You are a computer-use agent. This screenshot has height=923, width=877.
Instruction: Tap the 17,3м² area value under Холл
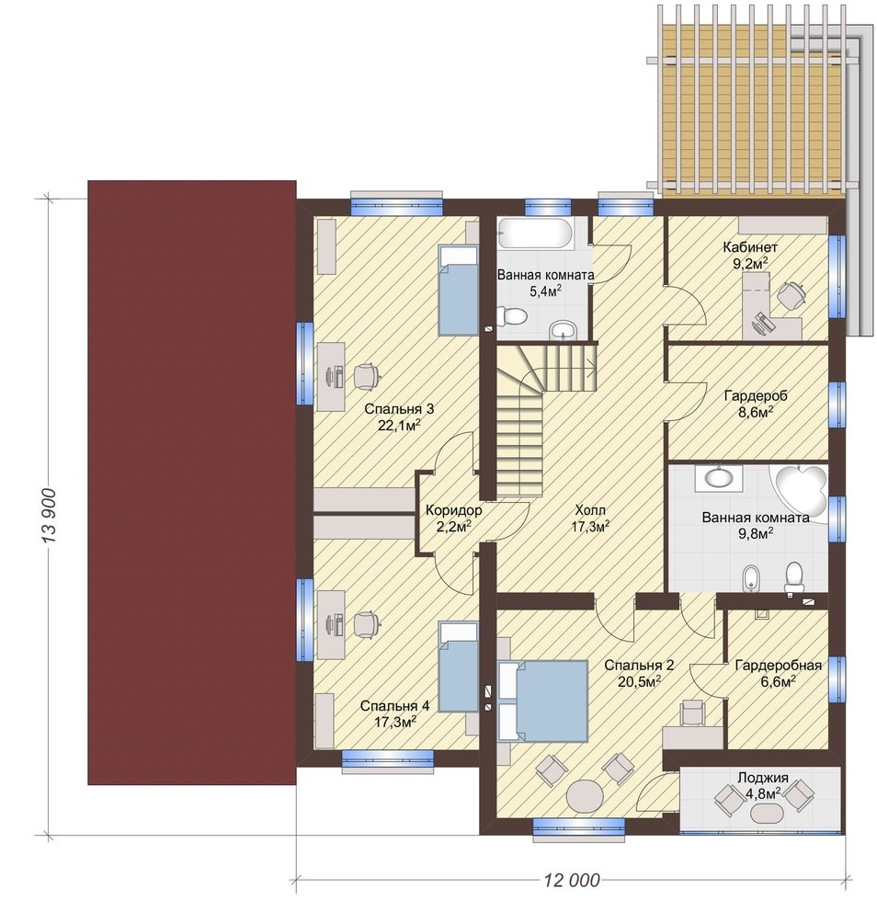coord(590,527)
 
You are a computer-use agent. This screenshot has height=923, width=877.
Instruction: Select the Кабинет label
coord(750,247)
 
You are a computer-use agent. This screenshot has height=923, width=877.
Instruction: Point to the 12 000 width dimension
coord(572,881)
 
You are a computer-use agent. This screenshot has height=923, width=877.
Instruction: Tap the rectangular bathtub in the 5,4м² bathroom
coord(534,234)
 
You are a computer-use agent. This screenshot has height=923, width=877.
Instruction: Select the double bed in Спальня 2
coord(542,701)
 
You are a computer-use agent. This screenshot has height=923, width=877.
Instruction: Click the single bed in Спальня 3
coord(458,291)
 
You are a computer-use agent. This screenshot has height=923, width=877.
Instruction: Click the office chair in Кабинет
coord(791,294)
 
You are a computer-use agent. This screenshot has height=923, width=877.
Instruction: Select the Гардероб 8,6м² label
coord(755,404)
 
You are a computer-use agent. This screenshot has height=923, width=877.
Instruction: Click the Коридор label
coord(453,510)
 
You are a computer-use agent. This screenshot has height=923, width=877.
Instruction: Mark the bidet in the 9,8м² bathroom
coord(750,578)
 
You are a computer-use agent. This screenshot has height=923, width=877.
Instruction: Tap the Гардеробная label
coord(778,666)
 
